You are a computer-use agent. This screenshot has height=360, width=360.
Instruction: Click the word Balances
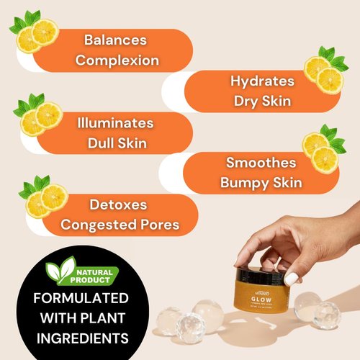pos(116,41)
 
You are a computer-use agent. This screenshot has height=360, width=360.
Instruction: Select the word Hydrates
pos(263,81)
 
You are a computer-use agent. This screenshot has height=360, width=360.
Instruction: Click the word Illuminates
pos(116,123)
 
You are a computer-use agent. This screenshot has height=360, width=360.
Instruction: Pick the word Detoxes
pos(119,206)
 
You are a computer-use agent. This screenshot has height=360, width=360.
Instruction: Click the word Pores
pos(155,225)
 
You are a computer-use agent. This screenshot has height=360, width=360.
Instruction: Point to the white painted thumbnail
pos(292,278)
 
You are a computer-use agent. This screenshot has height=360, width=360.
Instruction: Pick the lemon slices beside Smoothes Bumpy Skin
pos(321,151)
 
